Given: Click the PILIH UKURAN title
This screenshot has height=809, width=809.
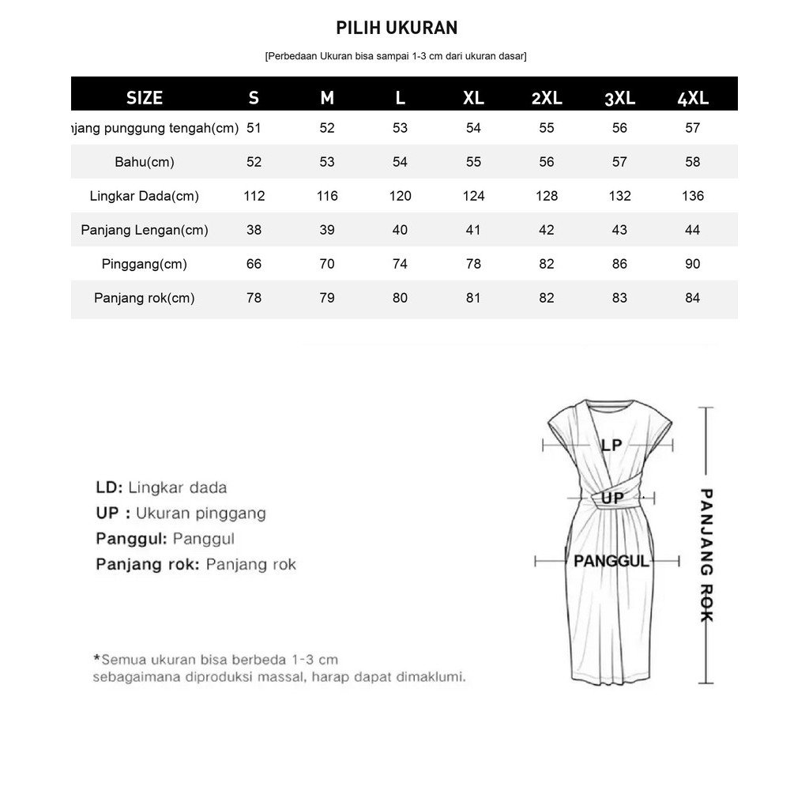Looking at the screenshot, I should [x=397, y=28].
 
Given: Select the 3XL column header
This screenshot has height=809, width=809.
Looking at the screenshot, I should [x=619, y=98].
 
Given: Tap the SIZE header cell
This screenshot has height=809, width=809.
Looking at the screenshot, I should [x=145, y=98].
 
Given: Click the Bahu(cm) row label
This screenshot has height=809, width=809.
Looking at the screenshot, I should [x=145, y=162].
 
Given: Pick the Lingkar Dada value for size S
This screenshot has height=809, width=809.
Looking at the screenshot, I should [x=254, y=196].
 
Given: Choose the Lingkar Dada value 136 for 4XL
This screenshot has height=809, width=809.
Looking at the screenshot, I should [x=692, y=196].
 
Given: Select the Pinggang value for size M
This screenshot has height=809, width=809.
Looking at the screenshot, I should [x=327, y=264].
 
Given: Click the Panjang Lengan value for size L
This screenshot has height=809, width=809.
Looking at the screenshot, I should [x=400, y=230].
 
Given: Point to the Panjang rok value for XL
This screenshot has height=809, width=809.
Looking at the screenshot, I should [x=473, y=298].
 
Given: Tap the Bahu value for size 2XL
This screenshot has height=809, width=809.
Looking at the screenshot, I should [x=547, y=162].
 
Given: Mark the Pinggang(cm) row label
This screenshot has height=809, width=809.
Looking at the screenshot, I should [x=145, y=264].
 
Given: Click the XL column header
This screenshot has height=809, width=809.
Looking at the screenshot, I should [x=473, y=98].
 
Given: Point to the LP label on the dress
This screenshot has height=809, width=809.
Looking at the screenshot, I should [x=611, y=446].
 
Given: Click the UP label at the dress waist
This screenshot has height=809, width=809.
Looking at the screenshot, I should [x=612, y=499].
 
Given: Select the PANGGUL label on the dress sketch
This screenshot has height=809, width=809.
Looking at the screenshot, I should [x=611, y=561].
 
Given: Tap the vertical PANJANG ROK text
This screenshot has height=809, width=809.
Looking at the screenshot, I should [x=706, y=555].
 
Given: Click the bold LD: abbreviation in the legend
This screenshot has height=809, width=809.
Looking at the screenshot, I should [x=109, y=487].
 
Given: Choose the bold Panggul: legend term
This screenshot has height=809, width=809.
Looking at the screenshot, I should [x=131, y=539].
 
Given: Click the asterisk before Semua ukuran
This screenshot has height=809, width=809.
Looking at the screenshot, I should [x=97, y=658].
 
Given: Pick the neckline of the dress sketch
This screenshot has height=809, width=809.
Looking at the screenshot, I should [x=608, y=408].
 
